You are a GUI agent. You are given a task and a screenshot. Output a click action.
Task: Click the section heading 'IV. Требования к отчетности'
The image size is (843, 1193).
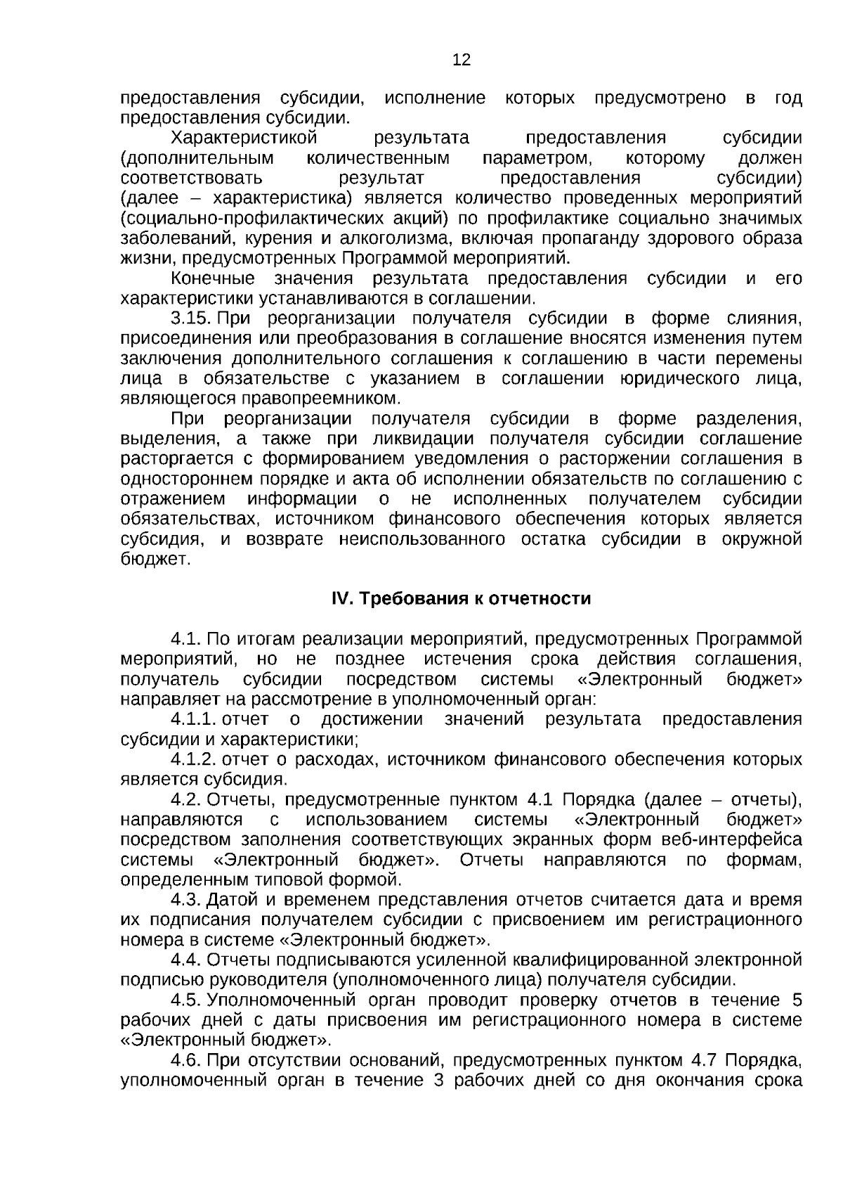point(461,599)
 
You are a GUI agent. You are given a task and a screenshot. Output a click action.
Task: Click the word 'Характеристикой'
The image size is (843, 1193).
point(245,138)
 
